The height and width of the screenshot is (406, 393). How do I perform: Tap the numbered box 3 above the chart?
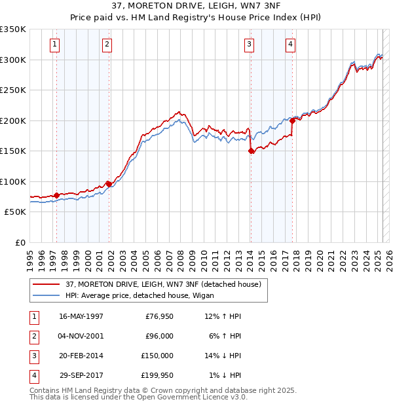point(250,45)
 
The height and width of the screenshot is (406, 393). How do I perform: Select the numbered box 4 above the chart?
point(290,45)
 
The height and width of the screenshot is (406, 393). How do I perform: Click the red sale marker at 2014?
point(251,151)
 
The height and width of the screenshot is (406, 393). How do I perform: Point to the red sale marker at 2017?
point(292,120)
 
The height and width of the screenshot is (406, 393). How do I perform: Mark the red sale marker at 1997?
point(56,195)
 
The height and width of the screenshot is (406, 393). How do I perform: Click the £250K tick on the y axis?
point(13,90)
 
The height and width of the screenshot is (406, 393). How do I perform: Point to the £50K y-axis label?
point(15,212)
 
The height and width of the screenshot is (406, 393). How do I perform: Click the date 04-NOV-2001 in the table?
point(81,336)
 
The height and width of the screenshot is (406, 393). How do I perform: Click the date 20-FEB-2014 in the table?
point(81,356)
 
